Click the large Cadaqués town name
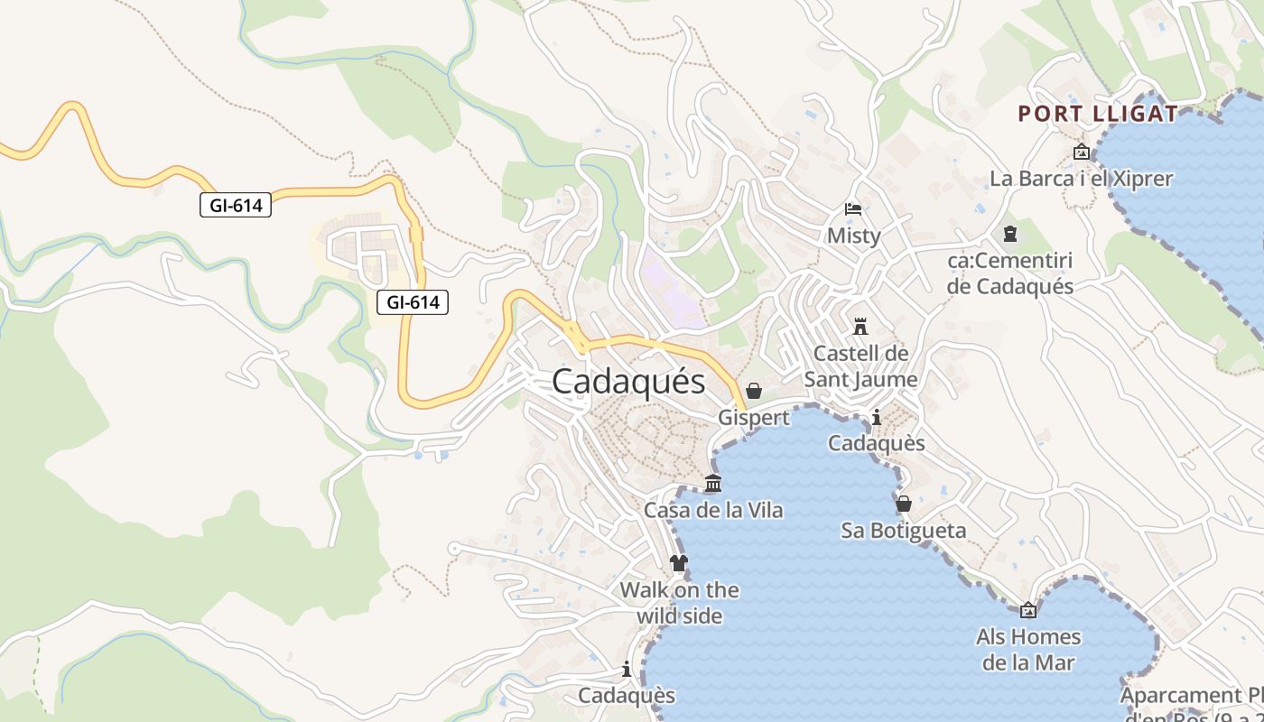628,381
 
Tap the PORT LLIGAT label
1098,114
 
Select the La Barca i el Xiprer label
1081,179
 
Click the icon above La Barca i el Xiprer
1081,152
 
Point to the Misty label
853,236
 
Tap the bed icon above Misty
853,209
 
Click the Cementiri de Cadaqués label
1010,273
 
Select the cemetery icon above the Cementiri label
1010,234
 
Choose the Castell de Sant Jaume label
860,366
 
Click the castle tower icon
860,326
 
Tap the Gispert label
754,417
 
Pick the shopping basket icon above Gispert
754,391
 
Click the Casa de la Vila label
713,510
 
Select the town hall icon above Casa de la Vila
713,484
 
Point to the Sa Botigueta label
904,530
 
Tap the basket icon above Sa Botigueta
904,504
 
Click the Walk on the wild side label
679,603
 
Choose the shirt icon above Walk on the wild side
679,564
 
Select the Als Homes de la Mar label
1027,650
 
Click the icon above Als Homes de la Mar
1027,610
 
